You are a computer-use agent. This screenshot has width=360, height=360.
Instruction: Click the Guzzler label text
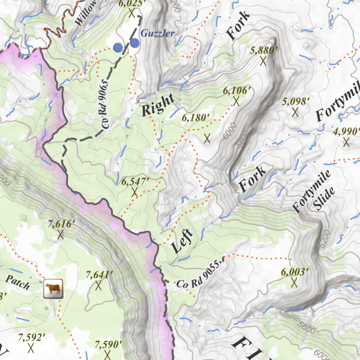pos(157,33)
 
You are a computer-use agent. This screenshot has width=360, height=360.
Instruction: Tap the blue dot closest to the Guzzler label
pos(135,43)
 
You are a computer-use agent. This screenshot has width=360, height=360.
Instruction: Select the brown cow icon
pos(53,289)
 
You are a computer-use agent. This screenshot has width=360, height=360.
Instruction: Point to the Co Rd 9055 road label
pos(200,275)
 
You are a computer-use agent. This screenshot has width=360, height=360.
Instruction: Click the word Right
pos(158,105)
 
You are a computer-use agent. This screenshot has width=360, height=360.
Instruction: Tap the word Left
pos(182,241)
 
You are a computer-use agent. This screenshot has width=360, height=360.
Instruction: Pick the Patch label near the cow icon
pos(18,282)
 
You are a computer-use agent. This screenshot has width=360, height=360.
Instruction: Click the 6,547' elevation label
pos(135,182)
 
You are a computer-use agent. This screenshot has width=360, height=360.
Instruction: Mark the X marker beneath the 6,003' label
pos(294,282)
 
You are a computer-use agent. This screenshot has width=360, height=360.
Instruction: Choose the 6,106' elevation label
pos(237,91)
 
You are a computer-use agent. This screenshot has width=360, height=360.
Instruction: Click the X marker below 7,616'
pos(60,234)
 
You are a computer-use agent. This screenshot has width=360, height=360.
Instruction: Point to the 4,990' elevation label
pos(346,131)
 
